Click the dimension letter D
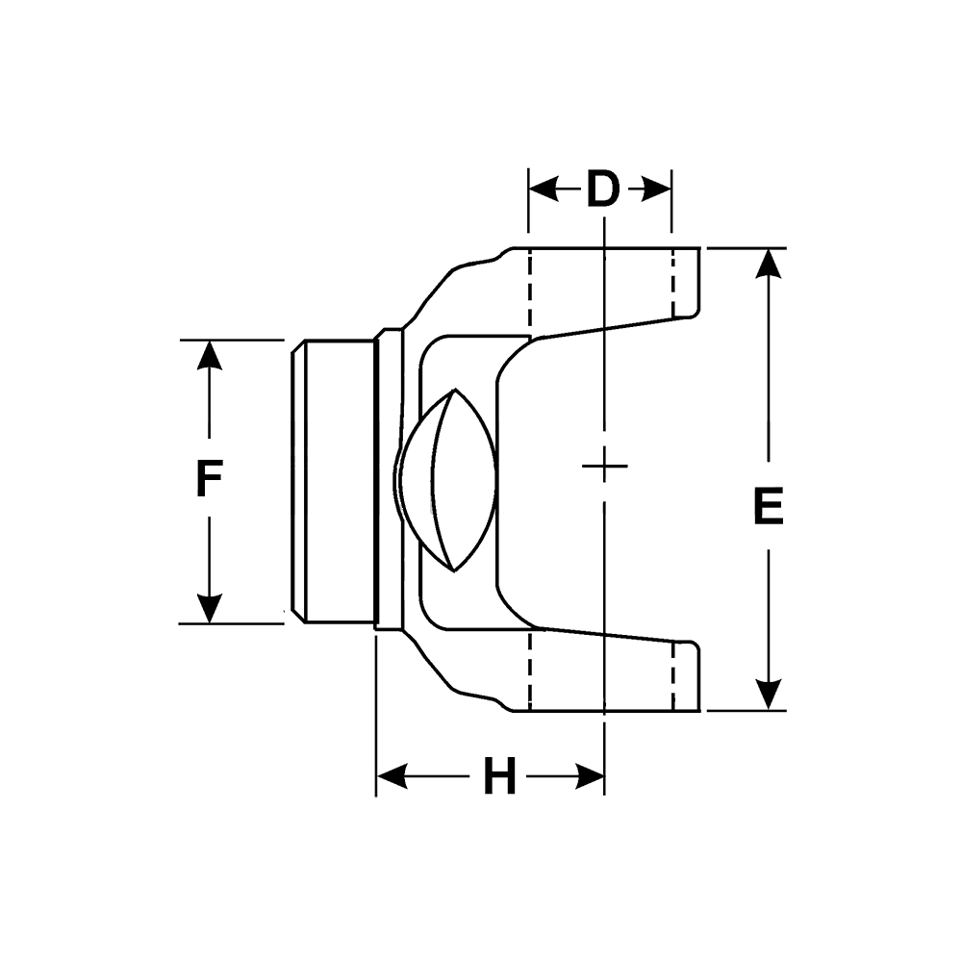click(x=602, y=190)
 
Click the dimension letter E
click(x=768, y=507)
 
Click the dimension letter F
click(x=209, y=480)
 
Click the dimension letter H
click(x=499, y=776)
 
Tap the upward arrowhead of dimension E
click(x=768, y=264)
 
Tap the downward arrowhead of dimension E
click(x=768, y=695)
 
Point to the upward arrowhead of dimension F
click(x=209, y=355)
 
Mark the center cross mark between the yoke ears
click(x=604, y=467)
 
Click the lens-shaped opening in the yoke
click(x=450, y=480)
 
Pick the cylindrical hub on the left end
click(x=332, y=480)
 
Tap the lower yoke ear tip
click(x=685, y=676)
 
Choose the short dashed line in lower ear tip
click(x=674, y=676)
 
